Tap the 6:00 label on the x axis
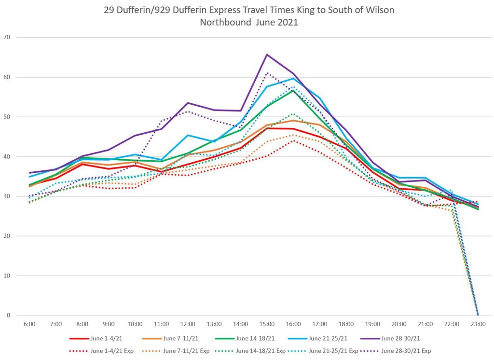tap(29, 324)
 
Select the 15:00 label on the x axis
tap(267, 324)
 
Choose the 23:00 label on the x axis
tap(478, 324)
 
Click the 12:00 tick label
tap(188, 324)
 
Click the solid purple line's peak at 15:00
tap(267, 55)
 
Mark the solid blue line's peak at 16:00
tap(293, 78)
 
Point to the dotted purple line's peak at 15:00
tap(268, 73)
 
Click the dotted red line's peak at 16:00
tap(293, 140)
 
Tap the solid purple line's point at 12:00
tap(188, 103)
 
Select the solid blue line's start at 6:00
tap(29, 177)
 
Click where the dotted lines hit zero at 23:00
tap(478, 315)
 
